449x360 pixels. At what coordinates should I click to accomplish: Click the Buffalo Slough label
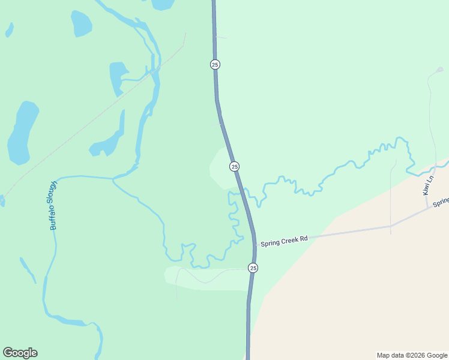[x=53, y=205]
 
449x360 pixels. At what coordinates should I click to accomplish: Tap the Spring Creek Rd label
[x=283, y=239]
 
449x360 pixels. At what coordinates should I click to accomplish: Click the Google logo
[x=20, y=353]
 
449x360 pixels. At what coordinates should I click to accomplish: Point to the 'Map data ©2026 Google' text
[x=412, y=355]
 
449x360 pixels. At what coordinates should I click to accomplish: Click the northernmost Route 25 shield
[x=215, y=64]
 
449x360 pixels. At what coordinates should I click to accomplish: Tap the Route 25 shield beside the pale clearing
[x=234, y=166]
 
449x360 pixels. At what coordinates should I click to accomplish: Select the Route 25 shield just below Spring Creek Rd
[x=253, y=268]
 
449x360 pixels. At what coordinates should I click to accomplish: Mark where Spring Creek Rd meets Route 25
[x=255, y=244]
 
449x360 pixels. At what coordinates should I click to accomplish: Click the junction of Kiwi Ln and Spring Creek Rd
[x=427, y=209]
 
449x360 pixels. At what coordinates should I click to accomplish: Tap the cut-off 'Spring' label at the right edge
[x=441, y=203]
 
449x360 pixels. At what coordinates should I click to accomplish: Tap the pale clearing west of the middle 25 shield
[x=220, y=167]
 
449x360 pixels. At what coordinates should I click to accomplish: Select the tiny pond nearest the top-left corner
[x=9, y=29]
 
